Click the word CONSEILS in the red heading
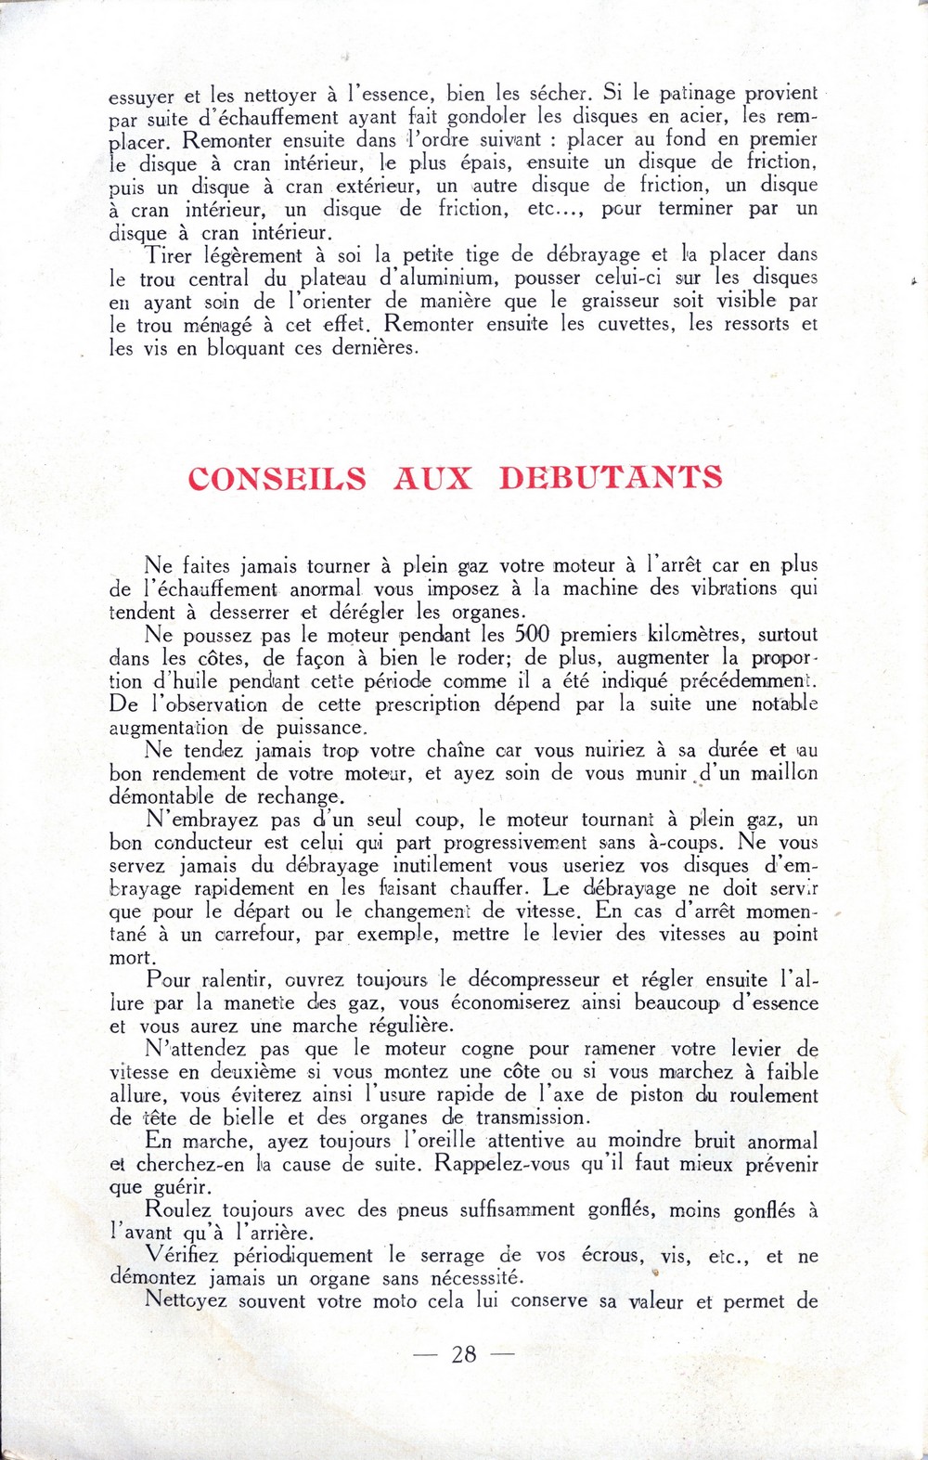pyautogui.click(x=277, y=478)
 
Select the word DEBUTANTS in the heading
pyautogui.click(x=611, y=477)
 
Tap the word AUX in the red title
pyautogui.click(x=432, y=478)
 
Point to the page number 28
pyautogui.click(x=464, y=1354)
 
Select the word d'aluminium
pyautogui.click(x=431, y=278)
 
